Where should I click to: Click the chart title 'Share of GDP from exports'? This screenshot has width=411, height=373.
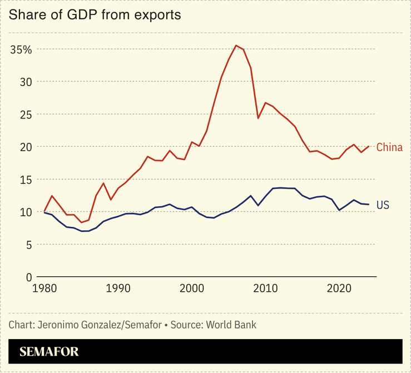[95, 15]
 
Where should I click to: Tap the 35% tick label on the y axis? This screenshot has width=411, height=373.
[22, 49]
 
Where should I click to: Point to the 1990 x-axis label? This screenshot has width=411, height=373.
[118, 289]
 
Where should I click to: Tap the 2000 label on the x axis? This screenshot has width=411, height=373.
[192, 289]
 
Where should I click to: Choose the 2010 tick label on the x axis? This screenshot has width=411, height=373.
[266, 289]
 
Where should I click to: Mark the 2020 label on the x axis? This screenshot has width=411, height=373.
[339, 289]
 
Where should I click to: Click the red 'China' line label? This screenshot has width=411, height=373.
[389, 147]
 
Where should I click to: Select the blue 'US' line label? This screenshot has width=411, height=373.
[383, 205]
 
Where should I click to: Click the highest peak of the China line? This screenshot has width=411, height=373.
[236, 46]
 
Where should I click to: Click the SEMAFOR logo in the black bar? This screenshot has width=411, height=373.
[49, 351]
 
